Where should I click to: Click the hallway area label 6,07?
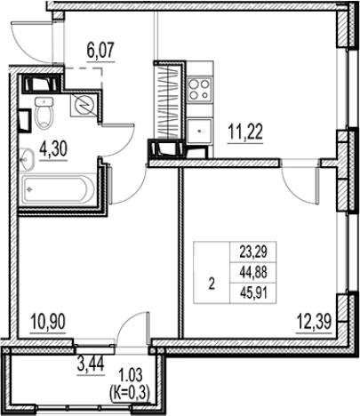click(100, 51)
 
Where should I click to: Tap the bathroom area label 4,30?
click(53, 148)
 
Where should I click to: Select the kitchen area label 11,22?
click(245, 132)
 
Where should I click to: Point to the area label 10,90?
click(48, 322)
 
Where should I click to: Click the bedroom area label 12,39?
click(314, 322)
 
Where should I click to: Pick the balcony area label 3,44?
click(91, 364)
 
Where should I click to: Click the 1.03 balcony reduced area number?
click(130, 375)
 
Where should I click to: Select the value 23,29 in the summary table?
click(253, 252)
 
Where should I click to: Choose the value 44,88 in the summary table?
click(253, 273)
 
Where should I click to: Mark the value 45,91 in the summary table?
click(253, 293)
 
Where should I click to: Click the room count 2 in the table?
click(212, 284)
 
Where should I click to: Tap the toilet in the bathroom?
click(44, 113)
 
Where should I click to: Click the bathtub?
click(58, 189)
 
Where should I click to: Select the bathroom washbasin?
click(28, 160)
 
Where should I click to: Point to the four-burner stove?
click(200, 90)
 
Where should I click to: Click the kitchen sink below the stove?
click(200, 131)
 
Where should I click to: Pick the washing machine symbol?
click(84, 104)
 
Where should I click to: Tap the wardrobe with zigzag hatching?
click(169, 100)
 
